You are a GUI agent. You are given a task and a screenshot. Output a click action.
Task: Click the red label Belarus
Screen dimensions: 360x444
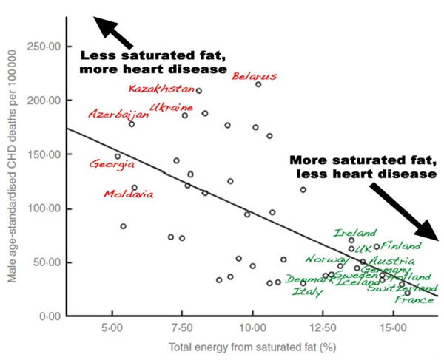(x=255, y=75)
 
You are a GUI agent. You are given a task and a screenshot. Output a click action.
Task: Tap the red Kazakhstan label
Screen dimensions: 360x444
(x=161, y=89)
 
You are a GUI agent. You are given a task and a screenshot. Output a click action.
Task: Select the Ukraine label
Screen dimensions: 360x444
(x=171, y=107)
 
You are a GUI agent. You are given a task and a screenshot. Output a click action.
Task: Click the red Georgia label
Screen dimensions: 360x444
(x=111, y=164)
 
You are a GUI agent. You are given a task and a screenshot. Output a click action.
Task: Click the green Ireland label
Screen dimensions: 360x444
(x=349, y=233)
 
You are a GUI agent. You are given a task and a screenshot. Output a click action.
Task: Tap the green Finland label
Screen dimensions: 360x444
(x=401, y=245)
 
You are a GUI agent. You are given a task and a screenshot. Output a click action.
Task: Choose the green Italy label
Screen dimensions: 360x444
(x=307, y=292)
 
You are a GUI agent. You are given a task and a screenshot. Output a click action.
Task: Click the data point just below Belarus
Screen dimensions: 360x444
(x=258, y=84)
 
